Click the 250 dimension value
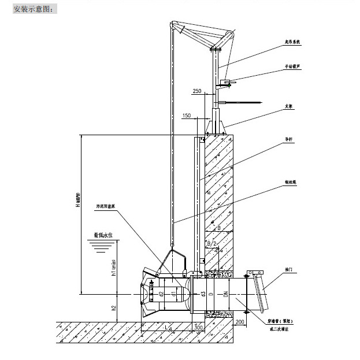click(x=197, y=92)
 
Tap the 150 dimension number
click(x=186, y=116)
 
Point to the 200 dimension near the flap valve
click(x=240, y=321)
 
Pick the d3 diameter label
click(x=203, y=294)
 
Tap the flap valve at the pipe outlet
click(x=260, y=289)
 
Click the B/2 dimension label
click(x=212, y=244)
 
